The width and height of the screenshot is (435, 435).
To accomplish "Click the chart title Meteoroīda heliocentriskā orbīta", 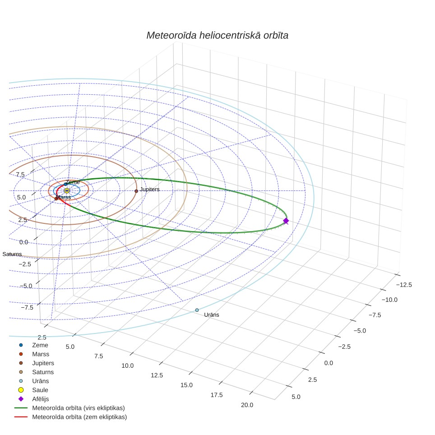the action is click(x=217, y=36).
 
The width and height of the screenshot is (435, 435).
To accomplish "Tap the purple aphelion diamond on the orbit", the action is click(x=286, y=221).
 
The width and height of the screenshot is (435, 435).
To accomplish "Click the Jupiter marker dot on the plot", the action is click(x=136, y=191).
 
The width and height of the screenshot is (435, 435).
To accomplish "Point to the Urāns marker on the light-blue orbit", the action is click(x=197, y=310).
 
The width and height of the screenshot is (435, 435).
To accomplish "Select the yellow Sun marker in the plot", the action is click(x=67, y=190).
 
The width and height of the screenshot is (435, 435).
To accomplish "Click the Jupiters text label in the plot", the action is click(x=149, y=190).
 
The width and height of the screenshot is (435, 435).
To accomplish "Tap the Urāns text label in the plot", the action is click(x=211, y=315).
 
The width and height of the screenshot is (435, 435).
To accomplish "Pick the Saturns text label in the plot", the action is click(x=12, y=254).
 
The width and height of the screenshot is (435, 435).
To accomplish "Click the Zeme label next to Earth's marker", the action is click(x=73, y=182).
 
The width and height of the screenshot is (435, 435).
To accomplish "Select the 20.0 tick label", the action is click(x=247, y=405).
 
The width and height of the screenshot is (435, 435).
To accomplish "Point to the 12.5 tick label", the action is click(x=157, y=375).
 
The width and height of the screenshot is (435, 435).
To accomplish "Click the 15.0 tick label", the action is click(x=186, y=385).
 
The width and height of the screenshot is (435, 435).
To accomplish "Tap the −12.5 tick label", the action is click(x=404, y=285).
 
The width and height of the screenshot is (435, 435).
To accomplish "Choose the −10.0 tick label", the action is click(x=389, y=300).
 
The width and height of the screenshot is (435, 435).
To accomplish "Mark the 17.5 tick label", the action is click(x=217, y=395).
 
